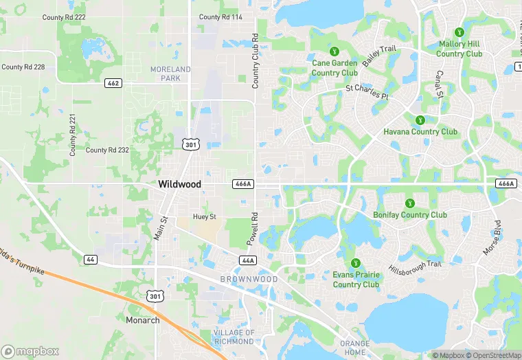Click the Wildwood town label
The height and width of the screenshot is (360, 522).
(179, 184)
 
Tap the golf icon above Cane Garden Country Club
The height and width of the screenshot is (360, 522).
(334, 52)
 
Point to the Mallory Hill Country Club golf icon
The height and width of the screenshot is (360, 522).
(459, 32)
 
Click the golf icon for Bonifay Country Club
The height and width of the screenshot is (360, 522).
(410, 203)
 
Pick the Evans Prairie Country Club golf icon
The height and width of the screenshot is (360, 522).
(356, 263)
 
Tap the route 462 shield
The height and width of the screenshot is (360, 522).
(113, 83)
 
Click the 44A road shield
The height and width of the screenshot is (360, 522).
(248, 260)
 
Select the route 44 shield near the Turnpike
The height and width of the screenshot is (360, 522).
(90, 259)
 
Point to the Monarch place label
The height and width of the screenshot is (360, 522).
(142, 320)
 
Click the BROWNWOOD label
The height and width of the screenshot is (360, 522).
(249, 280)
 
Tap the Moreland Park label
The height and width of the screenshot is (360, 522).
(170, 74)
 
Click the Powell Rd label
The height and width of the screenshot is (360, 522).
(253, 229)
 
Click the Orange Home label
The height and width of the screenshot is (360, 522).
(354, 348)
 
